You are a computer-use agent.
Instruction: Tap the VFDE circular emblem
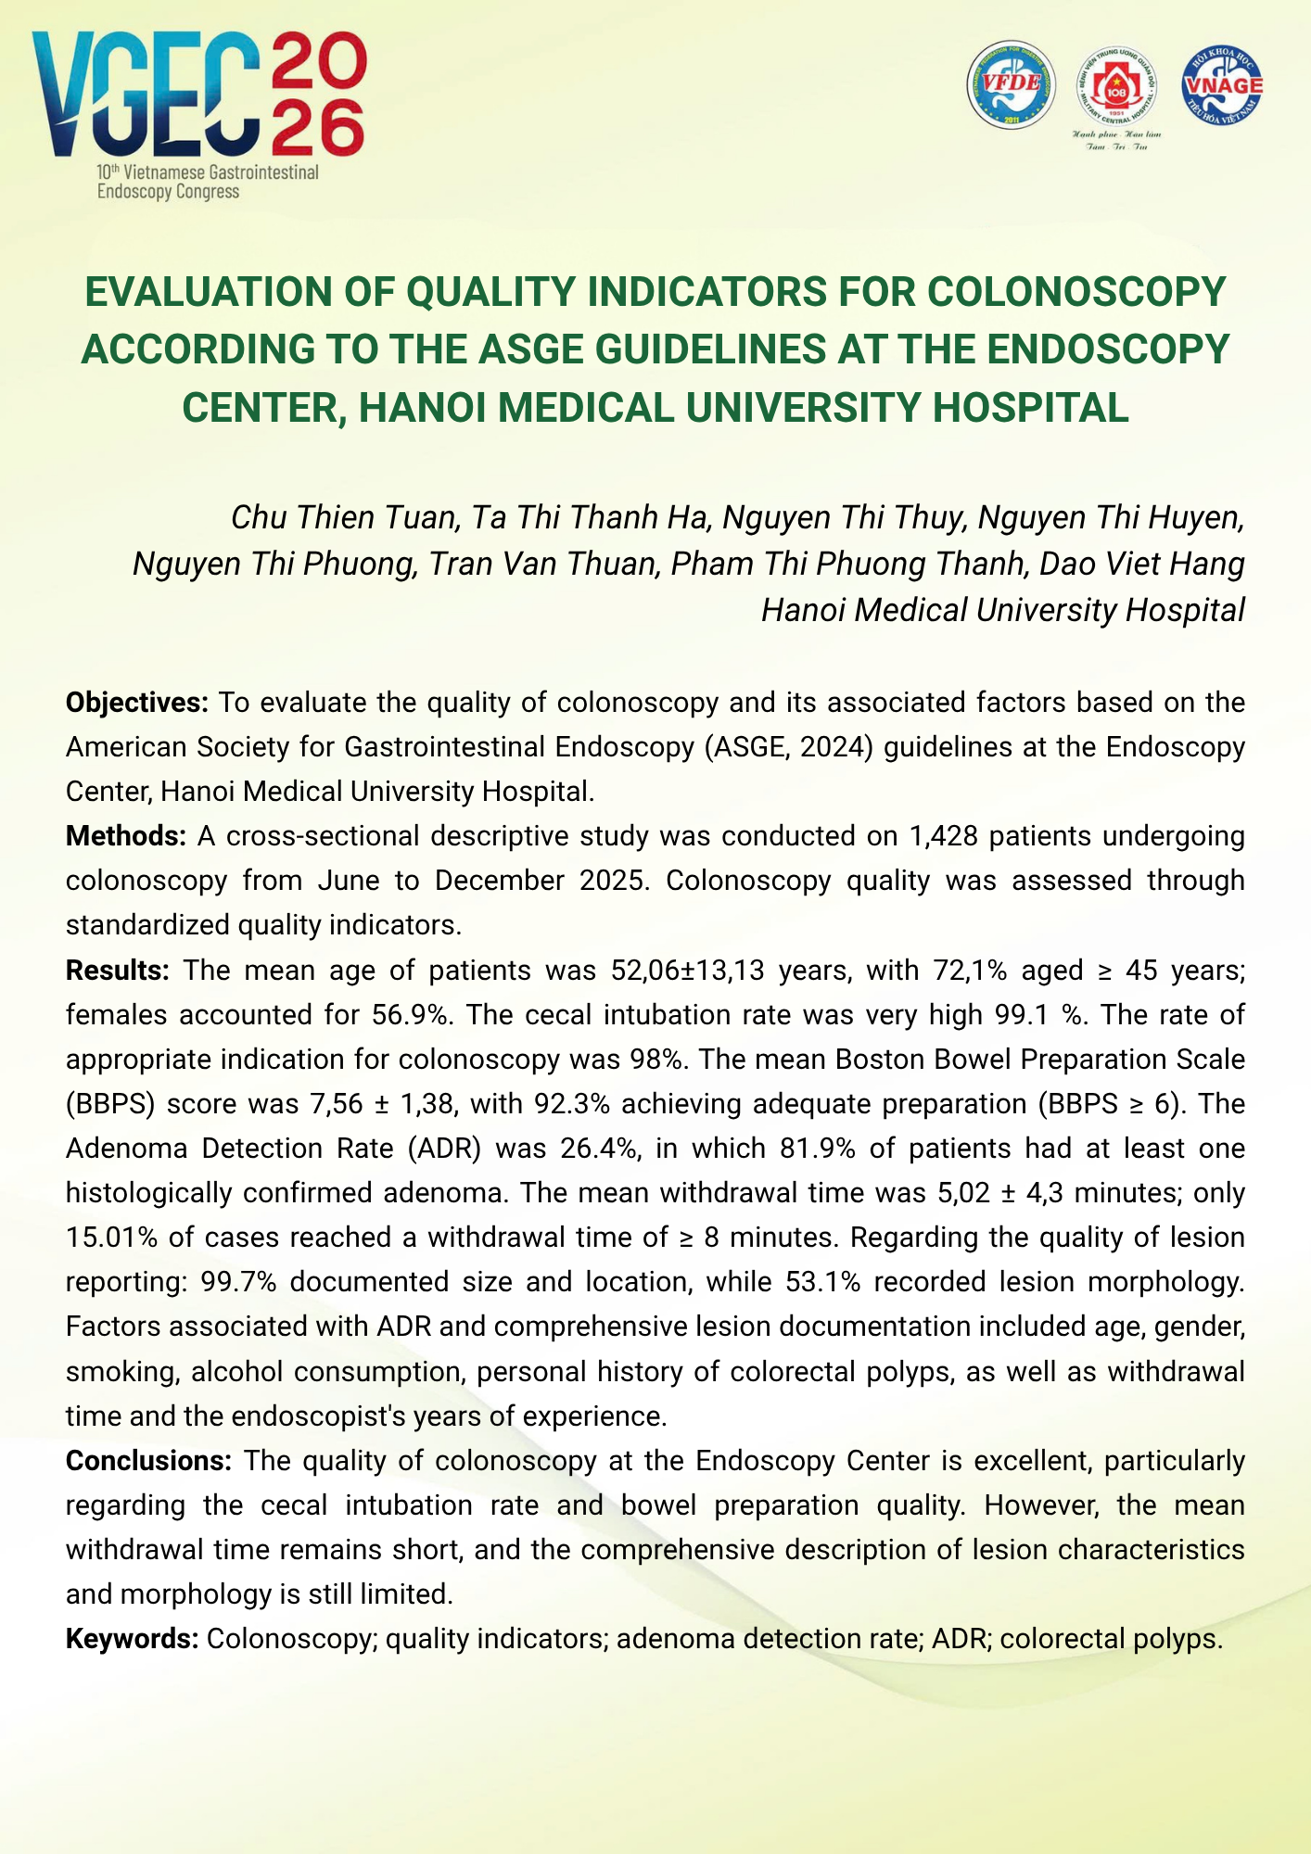[1012, 84]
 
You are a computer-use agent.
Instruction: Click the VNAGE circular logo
[1222, 85]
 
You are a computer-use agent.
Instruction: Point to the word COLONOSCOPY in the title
[1076, 292]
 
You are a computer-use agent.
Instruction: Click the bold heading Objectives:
[137, 703]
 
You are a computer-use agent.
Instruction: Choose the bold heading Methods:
[126, 836]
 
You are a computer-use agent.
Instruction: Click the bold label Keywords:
[133, 1639]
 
